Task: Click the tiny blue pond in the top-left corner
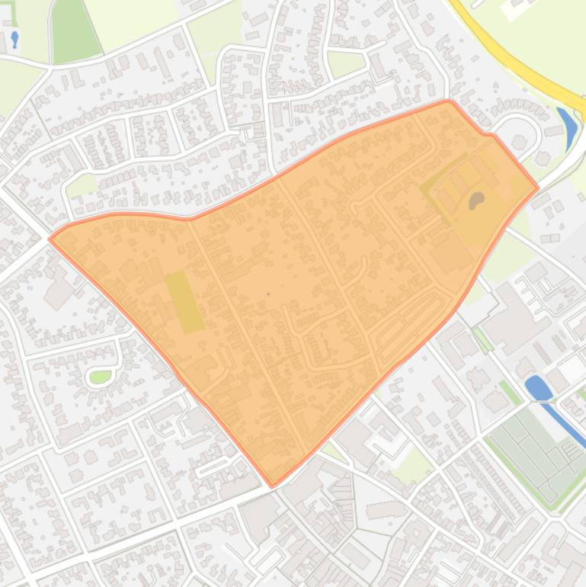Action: (14, 37)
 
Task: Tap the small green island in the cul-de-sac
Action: (101, 377)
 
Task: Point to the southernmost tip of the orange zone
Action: (273, 485)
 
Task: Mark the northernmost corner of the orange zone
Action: (449, 101)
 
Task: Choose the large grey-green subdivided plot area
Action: (533, 446)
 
